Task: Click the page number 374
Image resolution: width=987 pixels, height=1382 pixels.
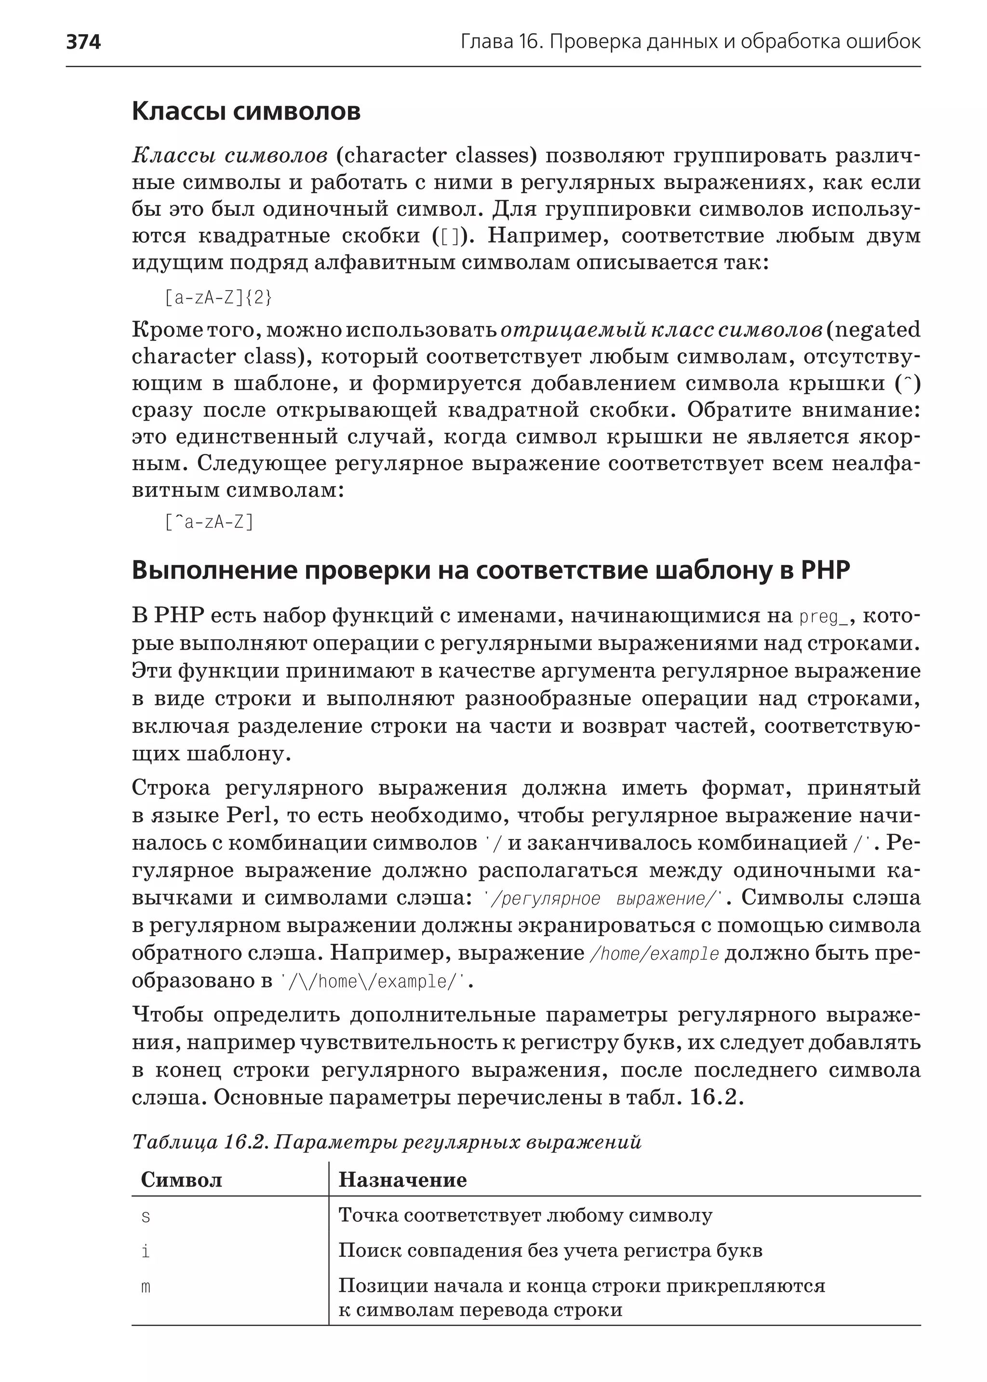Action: click(83, 42)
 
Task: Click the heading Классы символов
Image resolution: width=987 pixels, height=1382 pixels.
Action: click(246, 111)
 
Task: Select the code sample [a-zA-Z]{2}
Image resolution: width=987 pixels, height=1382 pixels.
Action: click(218, 298)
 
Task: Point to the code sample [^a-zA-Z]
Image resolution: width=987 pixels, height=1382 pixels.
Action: click(209, 522)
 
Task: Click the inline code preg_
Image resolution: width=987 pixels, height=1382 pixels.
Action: click(824, 617)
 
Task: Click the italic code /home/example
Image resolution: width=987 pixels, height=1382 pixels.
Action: click(654, 954)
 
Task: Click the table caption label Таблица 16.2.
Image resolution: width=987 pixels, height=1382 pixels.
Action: click(200, 1143)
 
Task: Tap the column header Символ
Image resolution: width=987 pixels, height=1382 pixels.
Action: click(181, 1180)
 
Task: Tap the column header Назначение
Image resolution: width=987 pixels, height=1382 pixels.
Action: click(402, 1180)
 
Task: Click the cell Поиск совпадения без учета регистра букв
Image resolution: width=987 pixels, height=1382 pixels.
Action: click(550, 1251)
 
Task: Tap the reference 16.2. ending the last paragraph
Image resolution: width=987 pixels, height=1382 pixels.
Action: click(717, 1098)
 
